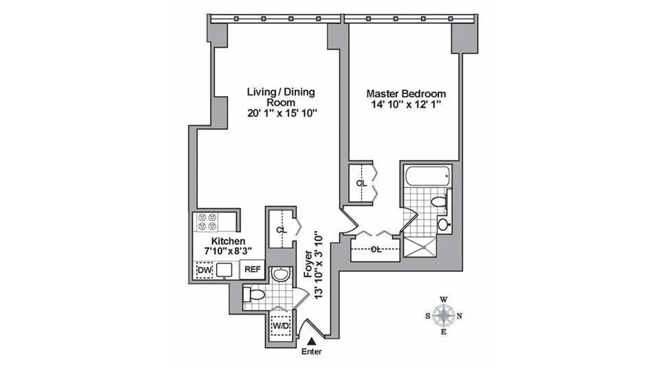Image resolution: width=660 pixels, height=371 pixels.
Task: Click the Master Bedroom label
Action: coord(406,94)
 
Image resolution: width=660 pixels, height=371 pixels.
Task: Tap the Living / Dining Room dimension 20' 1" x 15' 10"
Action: coord(282,113)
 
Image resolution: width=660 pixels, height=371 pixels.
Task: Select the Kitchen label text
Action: coord(228,241)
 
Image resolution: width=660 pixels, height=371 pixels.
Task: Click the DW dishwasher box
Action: coord(205,270)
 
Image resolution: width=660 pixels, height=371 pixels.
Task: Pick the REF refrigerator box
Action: coord(252,269)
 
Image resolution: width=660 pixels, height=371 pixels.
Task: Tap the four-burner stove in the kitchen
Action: coord(207,222)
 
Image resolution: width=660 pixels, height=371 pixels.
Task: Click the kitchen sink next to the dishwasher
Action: coord(224,270)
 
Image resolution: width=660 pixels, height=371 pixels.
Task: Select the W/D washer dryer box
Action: coord(281,326)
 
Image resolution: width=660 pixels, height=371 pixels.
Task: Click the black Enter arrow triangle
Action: coord(311,341)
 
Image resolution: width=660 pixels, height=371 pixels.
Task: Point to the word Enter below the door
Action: coord(311,352)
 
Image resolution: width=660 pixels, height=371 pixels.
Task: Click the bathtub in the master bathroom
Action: coord(427,176)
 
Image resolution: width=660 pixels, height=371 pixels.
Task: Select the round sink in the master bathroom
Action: coord(443,225)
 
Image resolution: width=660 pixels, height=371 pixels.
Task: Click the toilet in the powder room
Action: coord(255,294)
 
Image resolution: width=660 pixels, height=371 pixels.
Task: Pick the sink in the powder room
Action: coord(281,274)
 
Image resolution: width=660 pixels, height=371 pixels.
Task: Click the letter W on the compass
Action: coord(444,300)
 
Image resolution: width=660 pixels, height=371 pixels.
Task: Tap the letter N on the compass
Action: coord(459,316)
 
